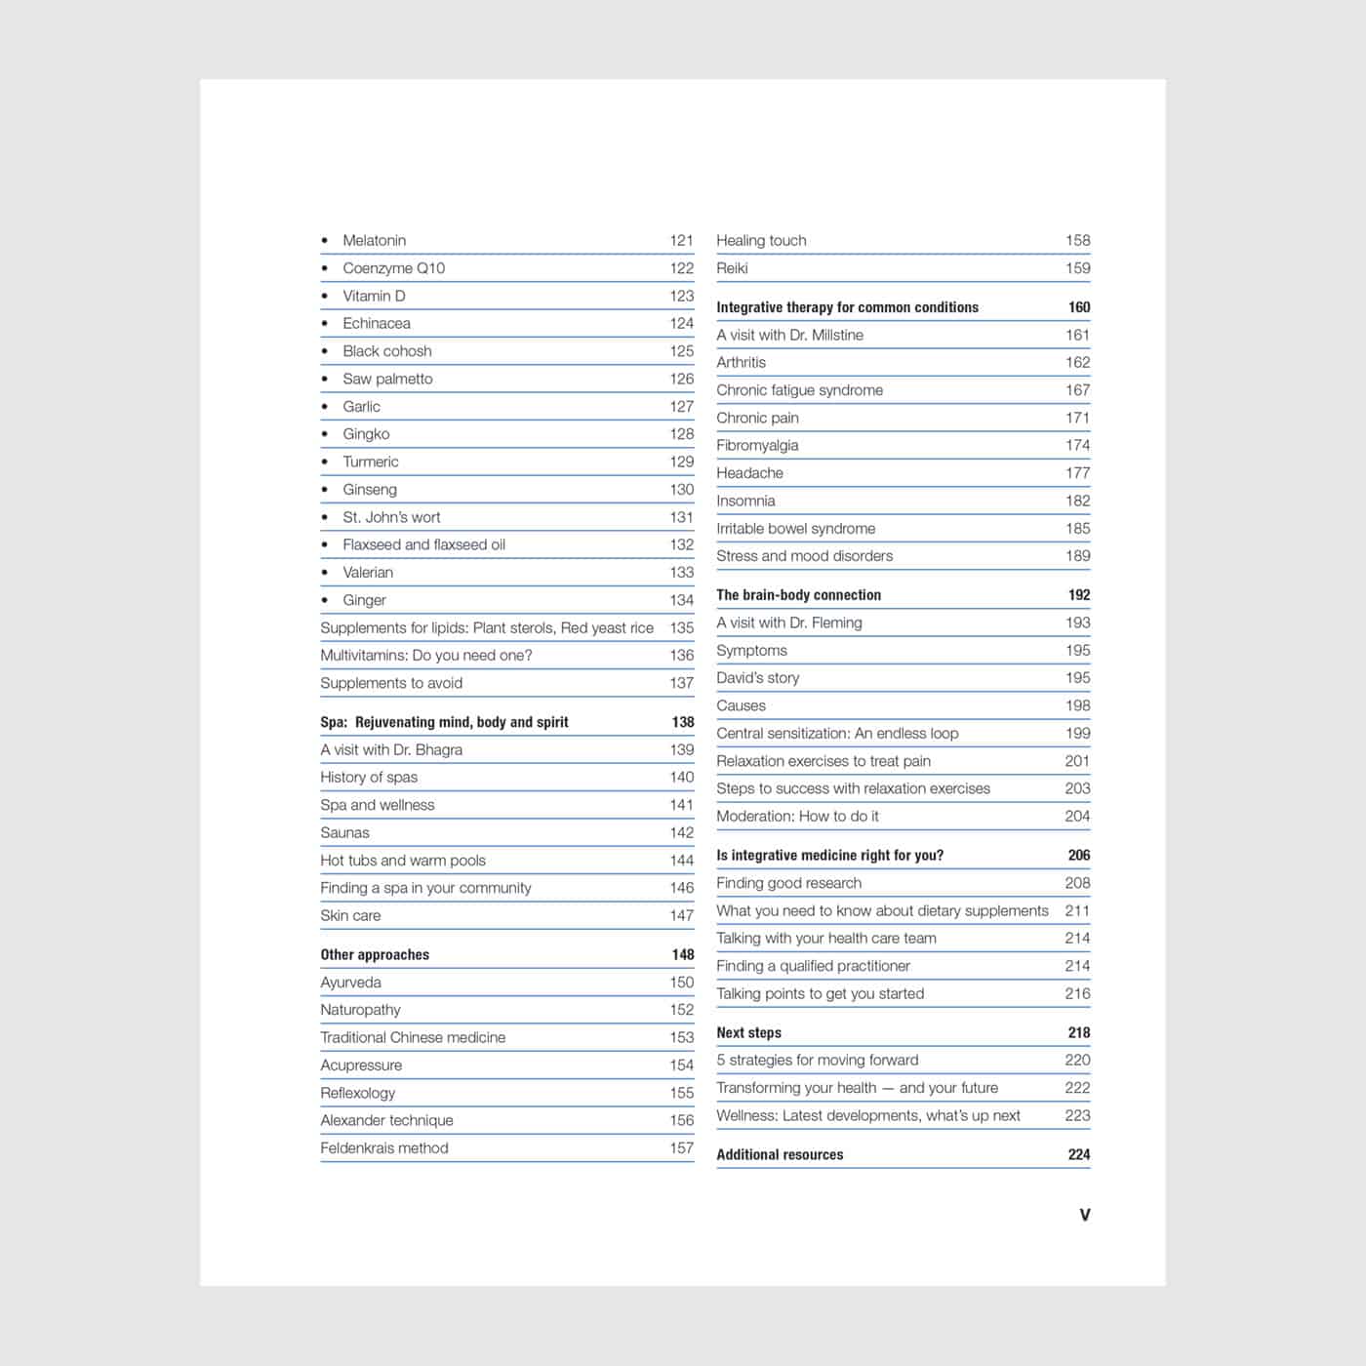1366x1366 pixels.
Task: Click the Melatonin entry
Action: [x=374, y=241]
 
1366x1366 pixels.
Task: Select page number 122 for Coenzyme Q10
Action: [x=681, y=268]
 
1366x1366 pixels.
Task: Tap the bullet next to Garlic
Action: [x=325, y=407]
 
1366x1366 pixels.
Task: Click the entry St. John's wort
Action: [x=391, y=517]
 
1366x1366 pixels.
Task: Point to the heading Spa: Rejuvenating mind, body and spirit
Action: [x=444, y=722]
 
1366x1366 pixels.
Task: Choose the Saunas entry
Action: [x=344, y=833]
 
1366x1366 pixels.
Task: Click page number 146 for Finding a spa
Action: [x=681, y=888]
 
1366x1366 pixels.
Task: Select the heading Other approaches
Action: [x=375, y=955]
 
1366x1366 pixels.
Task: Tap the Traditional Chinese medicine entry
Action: [x=413, y=1038]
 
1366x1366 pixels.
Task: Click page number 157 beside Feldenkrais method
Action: [x=681, y=1148]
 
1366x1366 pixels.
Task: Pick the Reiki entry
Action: [x=732, y=268]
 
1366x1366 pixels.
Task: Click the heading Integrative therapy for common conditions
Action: [x=847, y=307]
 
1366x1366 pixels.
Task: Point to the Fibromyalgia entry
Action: [x=757, y=446]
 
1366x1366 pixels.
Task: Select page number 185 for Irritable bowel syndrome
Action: [x=1077, y=529]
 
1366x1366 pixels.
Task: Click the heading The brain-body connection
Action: [x=798, y=595]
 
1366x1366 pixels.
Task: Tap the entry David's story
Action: [x=757, y=678]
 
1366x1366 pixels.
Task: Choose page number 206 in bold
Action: [x=1078, y=856]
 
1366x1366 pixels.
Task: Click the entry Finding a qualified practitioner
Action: [x=813, y=966]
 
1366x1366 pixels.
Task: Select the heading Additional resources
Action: [x=780, y=1155]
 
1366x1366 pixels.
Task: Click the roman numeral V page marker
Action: [x=1084, y=1215]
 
